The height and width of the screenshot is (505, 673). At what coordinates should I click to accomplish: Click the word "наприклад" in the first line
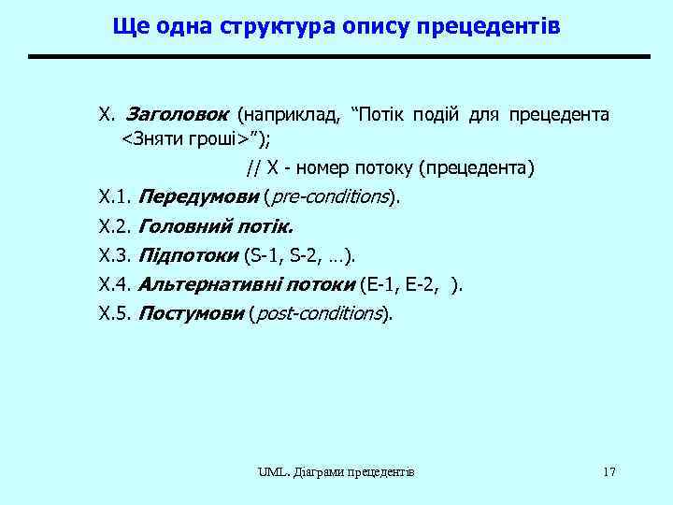tap(290, 115)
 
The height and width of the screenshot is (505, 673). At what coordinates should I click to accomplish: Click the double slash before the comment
tap(253, 168)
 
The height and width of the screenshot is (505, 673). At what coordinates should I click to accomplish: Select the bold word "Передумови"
tap(197, 197)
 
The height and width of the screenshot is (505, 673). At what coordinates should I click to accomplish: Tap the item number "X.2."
tap(115, 226)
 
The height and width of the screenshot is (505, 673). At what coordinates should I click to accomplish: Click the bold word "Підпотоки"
tap(188, 255)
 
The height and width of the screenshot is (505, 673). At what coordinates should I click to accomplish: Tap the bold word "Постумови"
tap(191, 313)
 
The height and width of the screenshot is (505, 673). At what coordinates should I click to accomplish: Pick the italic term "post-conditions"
tap(319, 313)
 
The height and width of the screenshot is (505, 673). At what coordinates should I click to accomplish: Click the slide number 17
tap(609, 471)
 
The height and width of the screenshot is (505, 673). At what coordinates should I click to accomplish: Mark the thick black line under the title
tap(337, 57)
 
